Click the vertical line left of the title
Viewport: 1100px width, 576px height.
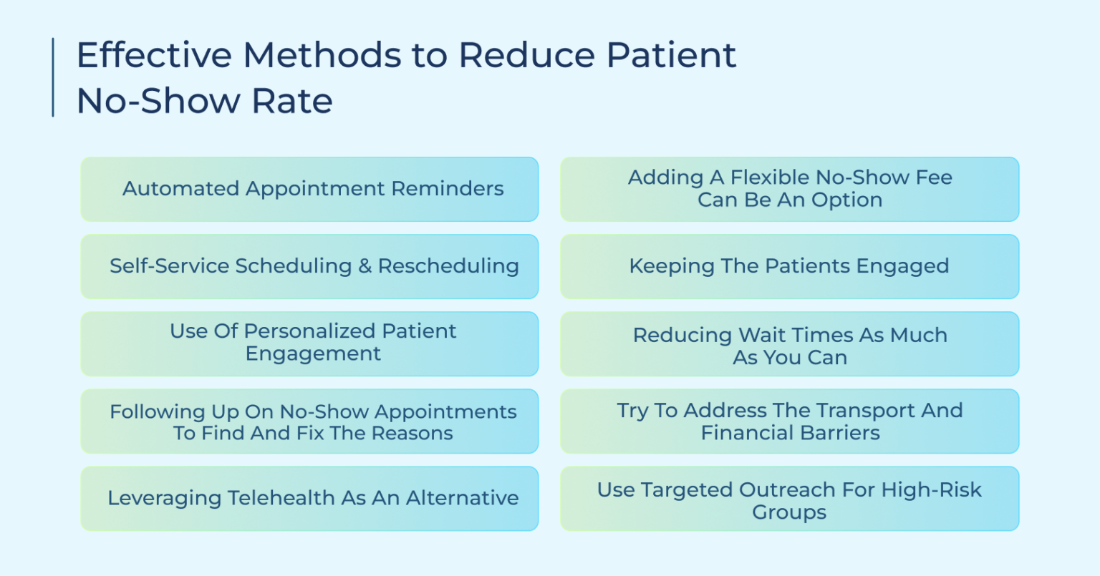(53, 77)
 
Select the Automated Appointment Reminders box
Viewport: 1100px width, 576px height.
(309, 189)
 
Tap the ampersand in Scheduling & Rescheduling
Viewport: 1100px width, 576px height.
(365, 266)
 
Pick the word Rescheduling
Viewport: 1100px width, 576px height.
(448, 266)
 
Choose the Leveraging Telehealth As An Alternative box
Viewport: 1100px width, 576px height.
(309, 498)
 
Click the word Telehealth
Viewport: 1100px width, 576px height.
(282, 498)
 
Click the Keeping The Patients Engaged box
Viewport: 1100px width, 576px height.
(789, 266)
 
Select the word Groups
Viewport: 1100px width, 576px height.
(789, 512)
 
